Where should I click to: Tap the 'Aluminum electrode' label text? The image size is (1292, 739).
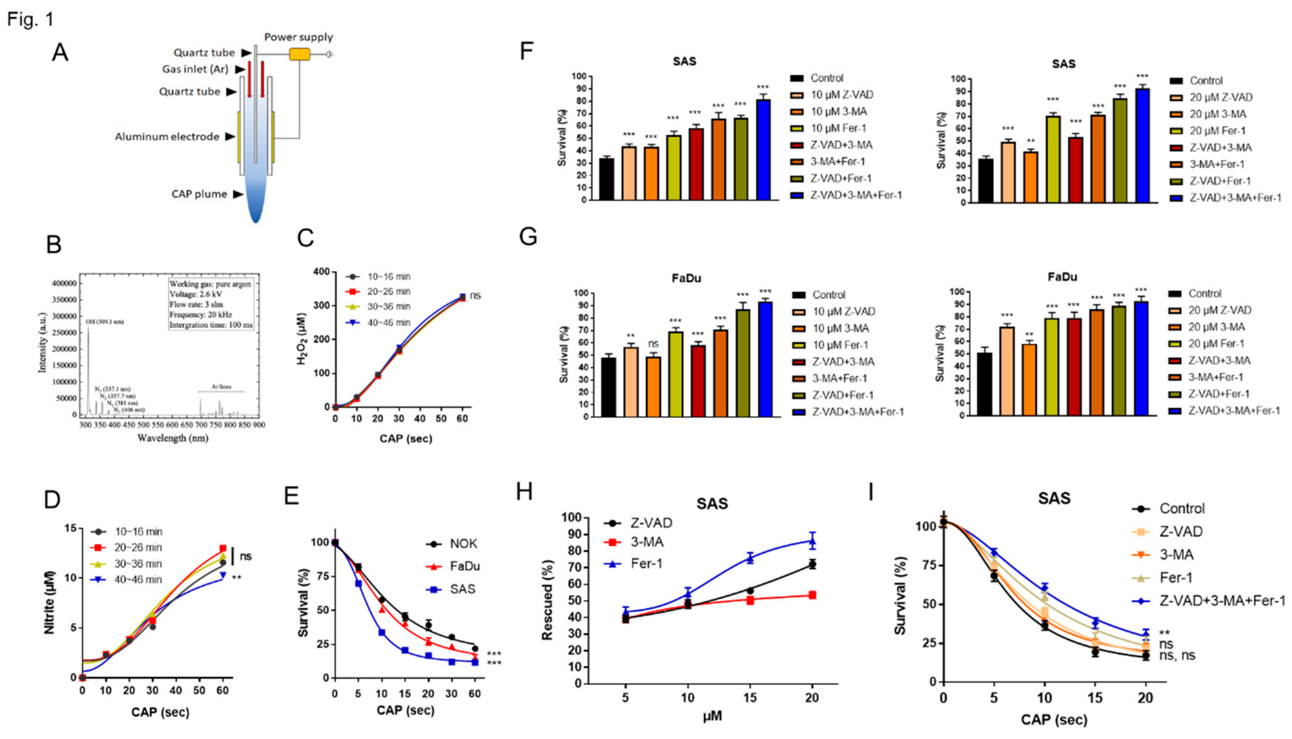pos(167,137)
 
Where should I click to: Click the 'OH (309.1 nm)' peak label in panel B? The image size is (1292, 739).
pos(105,322)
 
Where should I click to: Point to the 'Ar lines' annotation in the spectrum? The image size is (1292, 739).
pos(221,387)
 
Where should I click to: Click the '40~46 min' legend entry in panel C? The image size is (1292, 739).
pos(388,322)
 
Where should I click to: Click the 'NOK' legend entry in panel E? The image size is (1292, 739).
pos(463,544)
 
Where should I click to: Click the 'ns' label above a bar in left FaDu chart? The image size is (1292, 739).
pos(653,344)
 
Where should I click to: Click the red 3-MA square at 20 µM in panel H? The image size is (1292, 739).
pos(812,595)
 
